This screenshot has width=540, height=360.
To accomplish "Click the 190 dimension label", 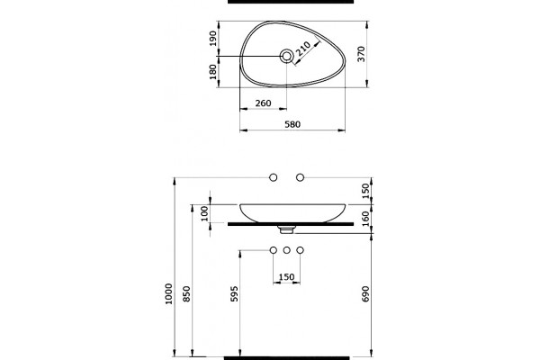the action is pos(213,38).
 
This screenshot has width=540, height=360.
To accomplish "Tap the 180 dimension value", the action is pos(213,72).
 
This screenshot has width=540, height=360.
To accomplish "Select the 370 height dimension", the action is pos(361,54).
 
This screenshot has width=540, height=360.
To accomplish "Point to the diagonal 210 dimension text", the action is pos(303,49).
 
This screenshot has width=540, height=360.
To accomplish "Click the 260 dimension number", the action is pos(263,103).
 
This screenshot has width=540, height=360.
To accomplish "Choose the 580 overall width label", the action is pos(292,124).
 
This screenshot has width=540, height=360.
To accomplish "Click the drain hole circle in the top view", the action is pos(286,56).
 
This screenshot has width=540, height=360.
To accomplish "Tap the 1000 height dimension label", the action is pos(169,293).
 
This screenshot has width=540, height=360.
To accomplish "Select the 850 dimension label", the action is pos(186,293).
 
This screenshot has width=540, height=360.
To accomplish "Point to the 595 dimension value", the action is pos(234,293).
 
